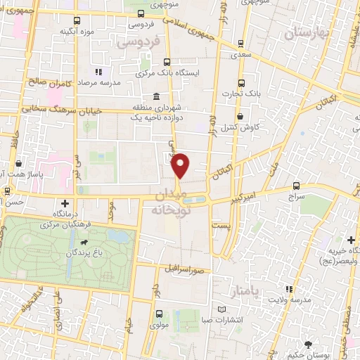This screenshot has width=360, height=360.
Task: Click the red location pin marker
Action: (x=181, y=165)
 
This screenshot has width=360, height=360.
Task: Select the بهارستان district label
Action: (x=307, y=32)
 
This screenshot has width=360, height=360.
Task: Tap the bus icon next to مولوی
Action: (x=159, y=314)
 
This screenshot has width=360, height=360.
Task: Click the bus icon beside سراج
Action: (x=297, y=186)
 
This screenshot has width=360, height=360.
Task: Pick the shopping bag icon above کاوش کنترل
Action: (x=241, y=117)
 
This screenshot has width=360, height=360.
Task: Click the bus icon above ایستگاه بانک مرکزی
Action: (x=167, y=62)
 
